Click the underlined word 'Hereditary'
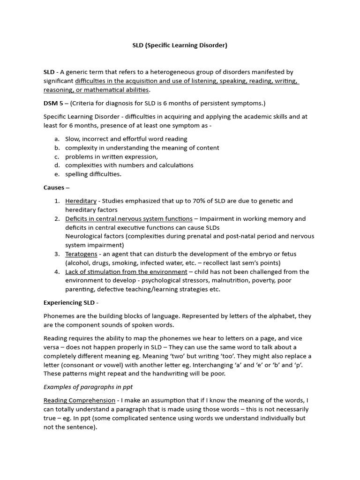coord(81,201)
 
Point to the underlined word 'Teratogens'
coord(81,254)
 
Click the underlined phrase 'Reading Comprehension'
coord(79,400)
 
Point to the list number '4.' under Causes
coord(57,272)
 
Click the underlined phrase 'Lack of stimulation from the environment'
coord(126,272)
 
